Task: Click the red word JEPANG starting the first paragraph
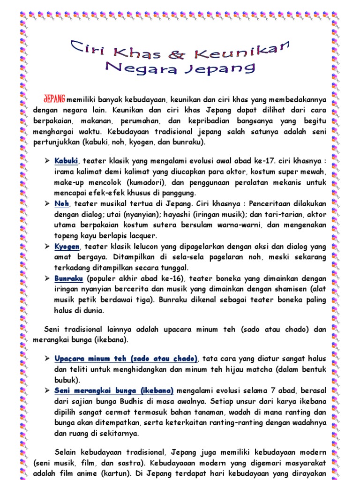54,100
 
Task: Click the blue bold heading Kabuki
66,161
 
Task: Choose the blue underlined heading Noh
61,204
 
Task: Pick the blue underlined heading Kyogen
67,247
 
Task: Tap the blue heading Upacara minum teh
126,359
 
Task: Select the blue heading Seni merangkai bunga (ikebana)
114,390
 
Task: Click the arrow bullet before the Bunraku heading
47,278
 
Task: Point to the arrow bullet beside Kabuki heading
47,161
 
